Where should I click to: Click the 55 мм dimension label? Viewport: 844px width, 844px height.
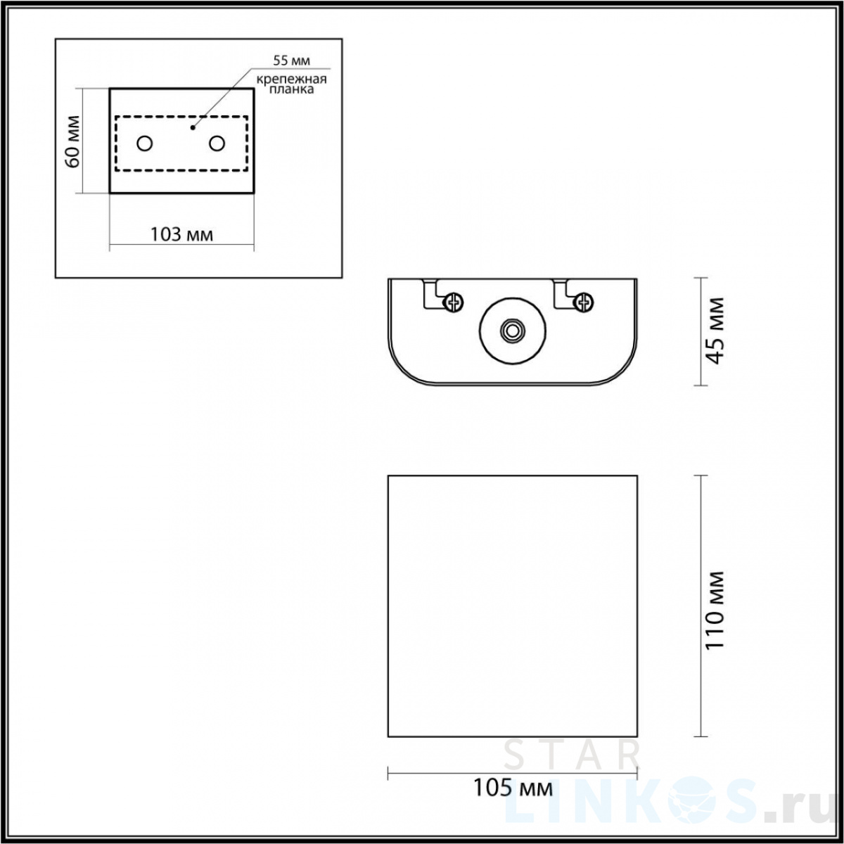pos(291,60)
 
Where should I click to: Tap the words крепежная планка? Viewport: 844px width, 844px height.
pos(291,84)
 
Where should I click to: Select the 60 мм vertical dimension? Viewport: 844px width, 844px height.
pos(72,141)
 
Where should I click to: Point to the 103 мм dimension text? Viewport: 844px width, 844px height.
pos(181,235)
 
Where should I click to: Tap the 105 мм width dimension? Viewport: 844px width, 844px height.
pos(513,788)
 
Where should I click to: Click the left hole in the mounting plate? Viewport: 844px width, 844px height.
pos(145,143)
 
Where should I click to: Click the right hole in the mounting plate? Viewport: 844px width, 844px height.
pos(217,143)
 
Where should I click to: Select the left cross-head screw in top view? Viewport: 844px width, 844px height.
pos(454,302)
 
